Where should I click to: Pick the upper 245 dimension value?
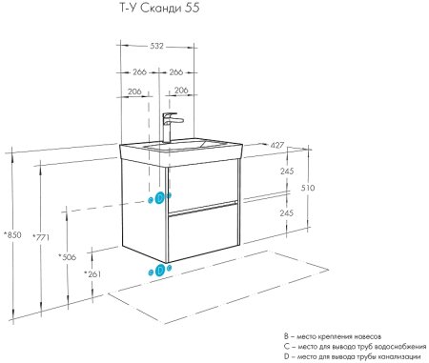(x=286, y=171)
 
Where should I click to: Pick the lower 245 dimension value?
(x=286, y=213)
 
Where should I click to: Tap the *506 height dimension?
(x=67, y=256)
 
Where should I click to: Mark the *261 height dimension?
(x=93, y=274)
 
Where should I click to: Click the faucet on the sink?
(x=171, y=125)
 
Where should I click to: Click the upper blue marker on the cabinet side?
(x=158, y=198)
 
